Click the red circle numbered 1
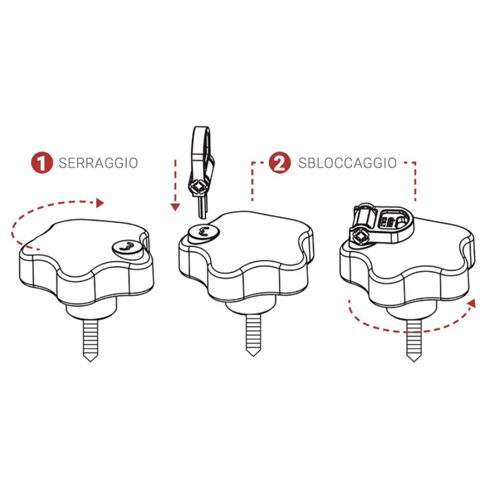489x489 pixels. click(42, 163)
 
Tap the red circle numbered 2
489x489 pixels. click(280, 163)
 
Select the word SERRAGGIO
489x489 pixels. click(98, 163)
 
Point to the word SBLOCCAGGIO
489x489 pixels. click(347, 163)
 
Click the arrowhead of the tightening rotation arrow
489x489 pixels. click(101, 202)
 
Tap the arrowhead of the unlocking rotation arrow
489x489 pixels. click(471, 303)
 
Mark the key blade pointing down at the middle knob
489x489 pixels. click(201, 208)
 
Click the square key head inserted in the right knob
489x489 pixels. click(362, 237)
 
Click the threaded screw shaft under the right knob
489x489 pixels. click(413, 337)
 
